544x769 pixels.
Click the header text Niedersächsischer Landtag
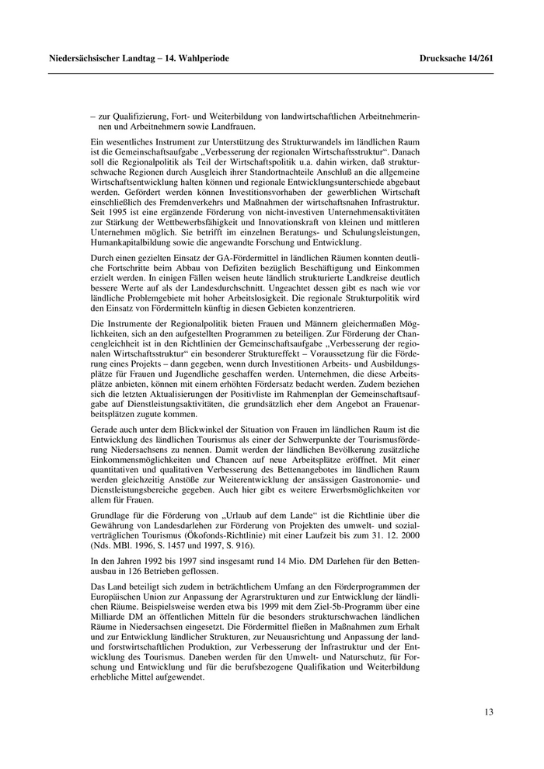point(97,58)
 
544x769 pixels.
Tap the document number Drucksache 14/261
point(456,58)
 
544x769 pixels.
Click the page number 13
point(488,712)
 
